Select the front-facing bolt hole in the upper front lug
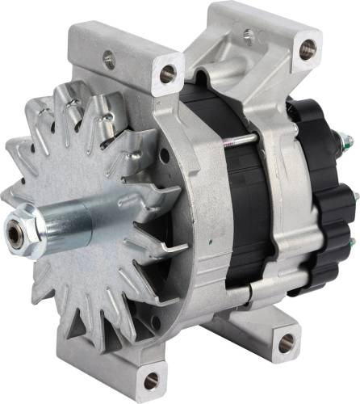coord(168,75)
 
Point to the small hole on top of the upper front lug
coord(108,58)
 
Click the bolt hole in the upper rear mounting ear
coord(306,49)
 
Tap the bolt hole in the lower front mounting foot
coord(149,379)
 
